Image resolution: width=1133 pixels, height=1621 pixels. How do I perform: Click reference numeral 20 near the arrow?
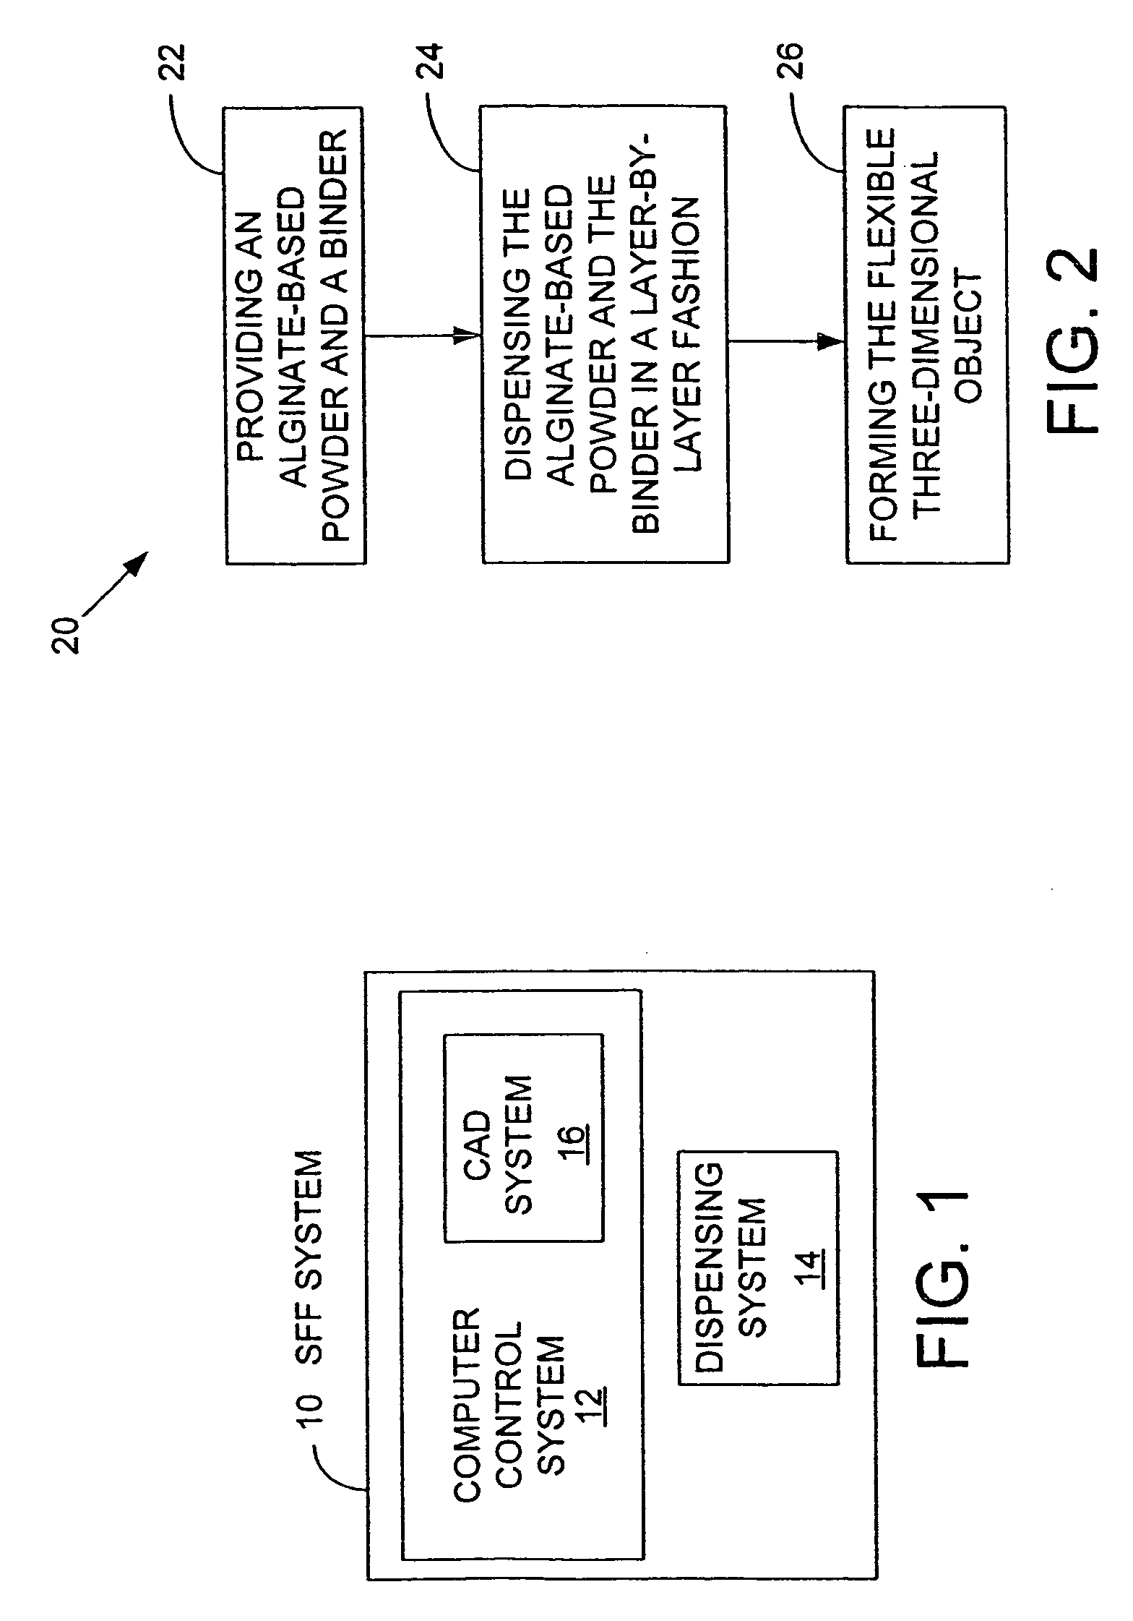click(x=66, y=635)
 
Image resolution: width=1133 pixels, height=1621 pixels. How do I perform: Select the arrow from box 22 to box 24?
click(x=423, y=335)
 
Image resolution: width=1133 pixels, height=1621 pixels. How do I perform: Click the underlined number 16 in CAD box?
click(x=576, y=1141)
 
